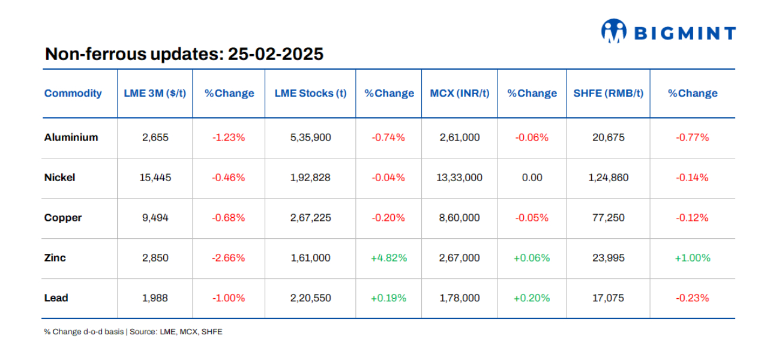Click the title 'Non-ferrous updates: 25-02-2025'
[184, 54]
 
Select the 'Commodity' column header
[73, 93]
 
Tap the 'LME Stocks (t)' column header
[310, 93]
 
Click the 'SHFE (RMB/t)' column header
[607, 93]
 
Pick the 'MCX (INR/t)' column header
[460, 93]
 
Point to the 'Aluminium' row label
[71, 137]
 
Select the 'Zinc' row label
[55, 258]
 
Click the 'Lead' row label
[56, 298]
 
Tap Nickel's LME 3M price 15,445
[155, 178]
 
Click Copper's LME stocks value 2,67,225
[310, 218]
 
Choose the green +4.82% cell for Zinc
[388, 258]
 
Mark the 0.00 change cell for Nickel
[532, 178]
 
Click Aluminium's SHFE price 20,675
[607, 137]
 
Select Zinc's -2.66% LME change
[228, 258]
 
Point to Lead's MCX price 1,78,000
[460, 298]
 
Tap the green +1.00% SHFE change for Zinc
[692, 258]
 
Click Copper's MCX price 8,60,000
[460, 218]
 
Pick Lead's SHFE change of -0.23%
[692, 298]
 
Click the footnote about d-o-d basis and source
[133, 332]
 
